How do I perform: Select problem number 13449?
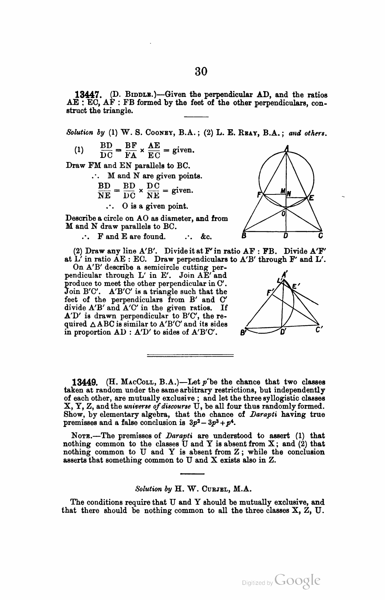coord(84,382)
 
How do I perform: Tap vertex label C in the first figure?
coord(320,236)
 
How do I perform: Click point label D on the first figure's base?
coord(285,236)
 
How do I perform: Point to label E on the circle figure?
coord(312,198)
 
